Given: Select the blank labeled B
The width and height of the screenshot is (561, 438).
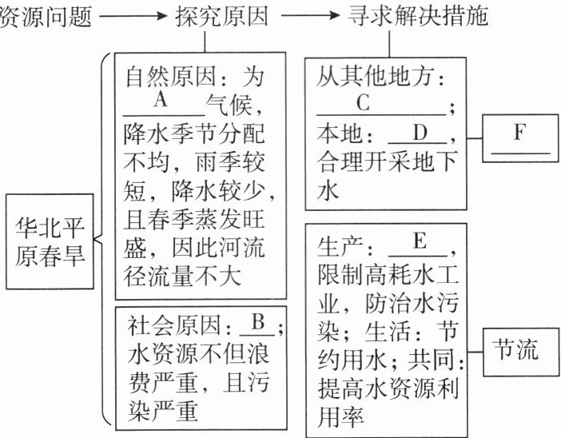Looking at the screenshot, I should [257, 326].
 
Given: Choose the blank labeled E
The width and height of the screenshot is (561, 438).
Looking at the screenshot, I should [419, 240].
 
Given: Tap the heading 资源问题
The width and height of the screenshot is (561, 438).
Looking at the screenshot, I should [37, 16].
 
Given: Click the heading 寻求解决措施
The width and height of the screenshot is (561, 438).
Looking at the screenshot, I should [420, 16].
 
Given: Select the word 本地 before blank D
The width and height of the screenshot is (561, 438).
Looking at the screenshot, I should [336, 132].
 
